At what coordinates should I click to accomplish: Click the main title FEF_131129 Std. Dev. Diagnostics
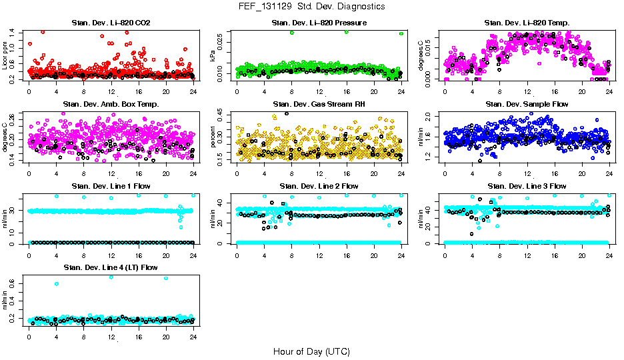pyautogui.click(x=311, y=7)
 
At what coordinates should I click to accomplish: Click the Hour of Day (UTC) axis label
pyautogui.click(x=311, y=351)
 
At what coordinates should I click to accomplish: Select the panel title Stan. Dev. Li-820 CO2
pyautogui.click(x=111, y=23)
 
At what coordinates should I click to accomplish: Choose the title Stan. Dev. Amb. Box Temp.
pyautogui.click(x=111, y=105)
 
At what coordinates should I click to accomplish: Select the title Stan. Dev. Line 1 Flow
pyautogui.click(x=111, y=186)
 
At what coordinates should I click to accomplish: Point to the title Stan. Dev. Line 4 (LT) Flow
pyautogui.click(x=111, y=267)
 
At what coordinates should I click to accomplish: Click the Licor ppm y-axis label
pyautogui.click(x=5, y=55)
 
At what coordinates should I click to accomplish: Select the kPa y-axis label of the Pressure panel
pyautogui.click(x=213, y=55)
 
